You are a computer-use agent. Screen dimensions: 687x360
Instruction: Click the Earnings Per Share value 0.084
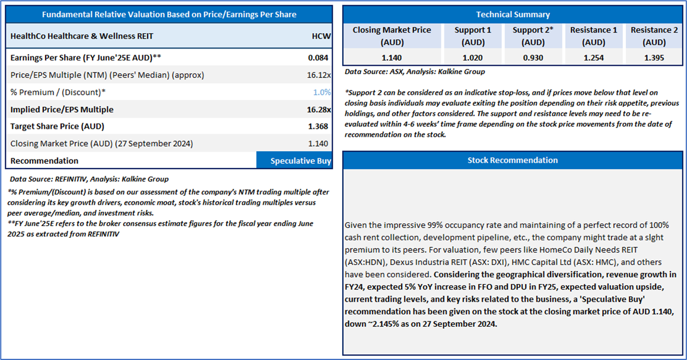[318, 58]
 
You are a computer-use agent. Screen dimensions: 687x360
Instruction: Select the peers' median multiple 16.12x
[319, 75]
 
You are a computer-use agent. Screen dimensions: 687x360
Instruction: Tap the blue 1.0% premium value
[322, 92]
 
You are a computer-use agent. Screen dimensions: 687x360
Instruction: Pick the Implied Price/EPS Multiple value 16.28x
[319, 110]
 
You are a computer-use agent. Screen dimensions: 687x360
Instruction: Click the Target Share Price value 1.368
[318, 126]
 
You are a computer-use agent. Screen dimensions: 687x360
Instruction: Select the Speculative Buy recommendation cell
[294, 161]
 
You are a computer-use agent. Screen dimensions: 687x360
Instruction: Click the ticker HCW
[321, 36]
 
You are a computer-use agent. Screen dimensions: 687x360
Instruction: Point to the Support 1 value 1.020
[473, 58]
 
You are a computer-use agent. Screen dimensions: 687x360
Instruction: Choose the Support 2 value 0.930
[533, 58]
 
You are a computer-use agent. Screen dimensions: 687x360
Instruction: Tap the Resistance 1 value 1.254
[594, 58]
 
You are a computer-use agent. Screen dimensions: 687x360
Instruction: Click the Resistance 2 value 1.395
[654, 58]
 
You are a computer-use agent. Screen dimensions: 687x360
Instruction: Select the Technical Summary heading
[513, 14]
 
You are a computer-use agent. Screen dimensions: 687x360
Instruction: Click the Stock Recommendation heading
[513, 160]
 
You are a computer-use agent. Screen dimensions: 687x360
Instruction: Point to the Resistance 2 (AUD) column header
[654, 36]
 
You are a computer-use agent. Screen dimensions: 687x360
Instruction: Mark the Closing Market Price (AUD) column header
[392, 36]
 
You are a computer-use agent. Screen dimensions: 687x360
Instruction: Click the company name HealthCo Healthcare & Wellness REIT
[82, 36]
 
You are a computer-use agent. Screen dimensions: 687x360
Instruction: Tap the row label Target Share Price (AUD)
[58, 126]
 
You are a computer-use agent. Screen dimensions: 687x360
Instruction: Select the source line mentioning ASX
[415, 71]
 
